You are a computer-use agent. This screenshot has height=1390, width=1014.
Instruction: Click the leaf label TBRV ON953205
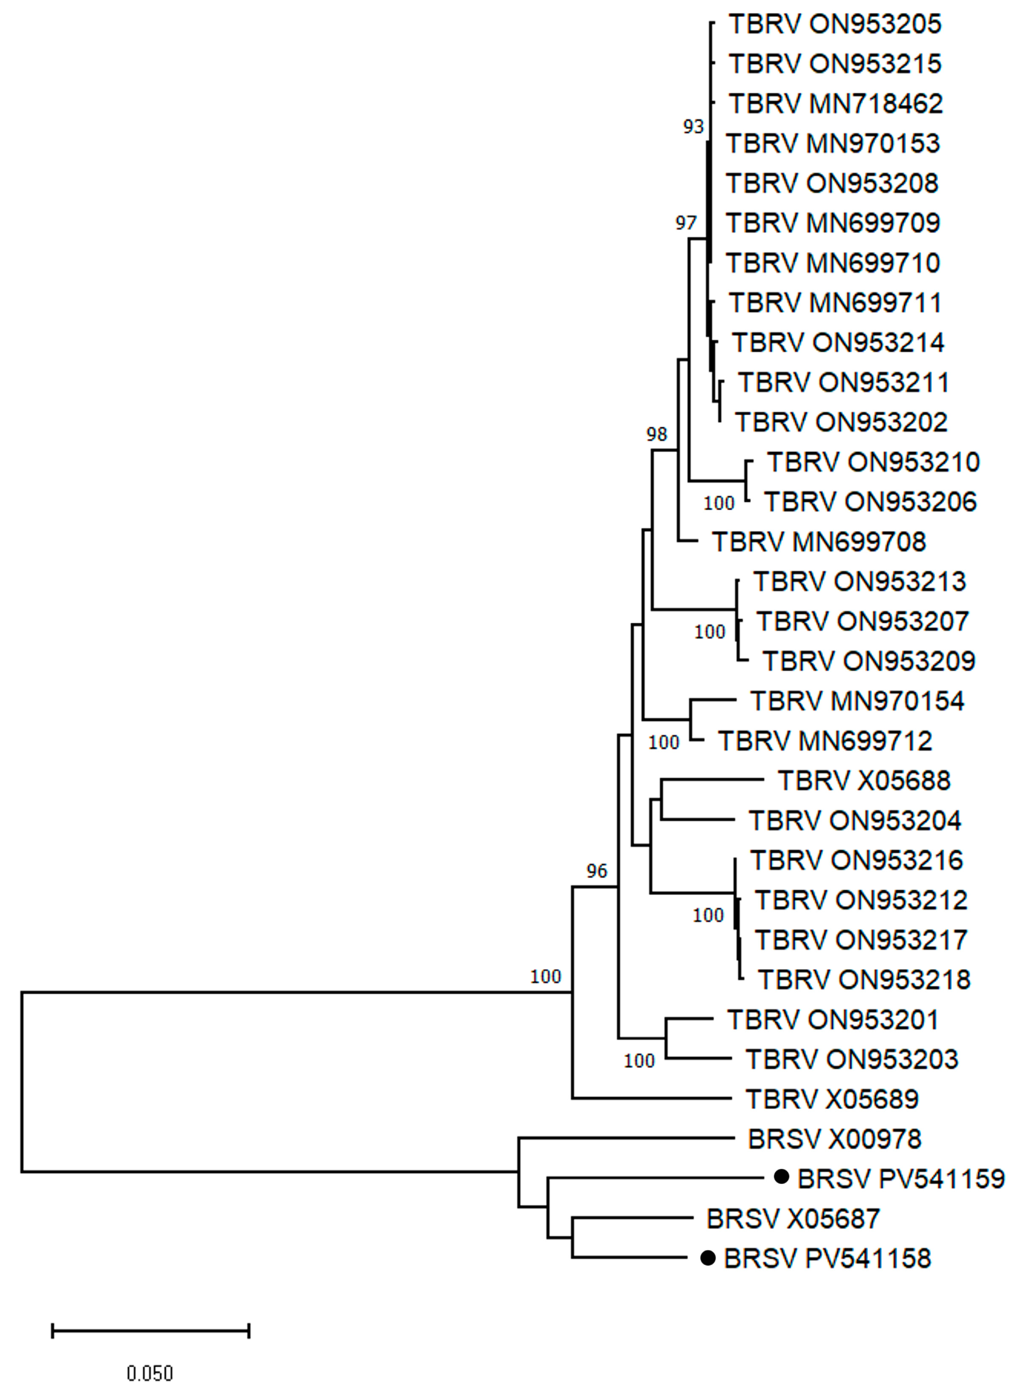point(835,25)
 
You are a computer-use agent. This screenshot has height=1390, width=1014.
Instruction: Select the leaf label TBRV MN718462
point(836,104)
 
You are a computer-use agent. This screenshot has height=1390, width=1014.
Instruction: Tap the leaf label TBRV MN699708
point(819,542)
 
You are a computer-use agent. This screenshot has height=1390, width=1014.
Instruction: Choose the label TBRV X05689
point(832,1099)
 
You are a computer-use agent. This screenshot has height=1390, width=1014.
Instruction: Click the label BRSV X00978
point(834,1139)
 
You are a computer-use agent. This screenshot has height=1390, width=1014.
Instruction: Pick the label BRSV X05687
point(793,1219)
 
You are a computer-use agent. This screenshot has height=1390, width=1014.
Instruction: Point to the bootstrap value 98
point(656,435)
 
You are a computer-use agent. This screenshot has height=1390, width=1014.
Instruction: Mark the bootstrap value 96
point(596,871)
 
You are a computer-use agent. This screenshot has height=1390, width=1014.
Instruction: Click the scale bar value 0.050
point(150,1372)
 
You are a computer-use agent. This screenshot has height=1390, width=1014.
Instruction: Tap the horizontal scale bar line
point(150,1331)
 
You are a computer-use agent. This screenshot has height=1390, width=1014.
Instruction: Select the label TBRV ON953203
point(851,1059)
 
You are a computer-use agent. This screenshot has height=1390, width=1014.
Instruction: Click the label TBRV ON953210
point(873,463)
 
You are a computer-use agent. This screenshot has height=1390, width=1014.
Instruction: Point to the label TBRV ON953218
point(864,980)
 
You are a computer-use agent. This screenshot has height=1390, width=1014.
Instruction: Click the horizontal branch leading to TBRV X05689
point(651,1098)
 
